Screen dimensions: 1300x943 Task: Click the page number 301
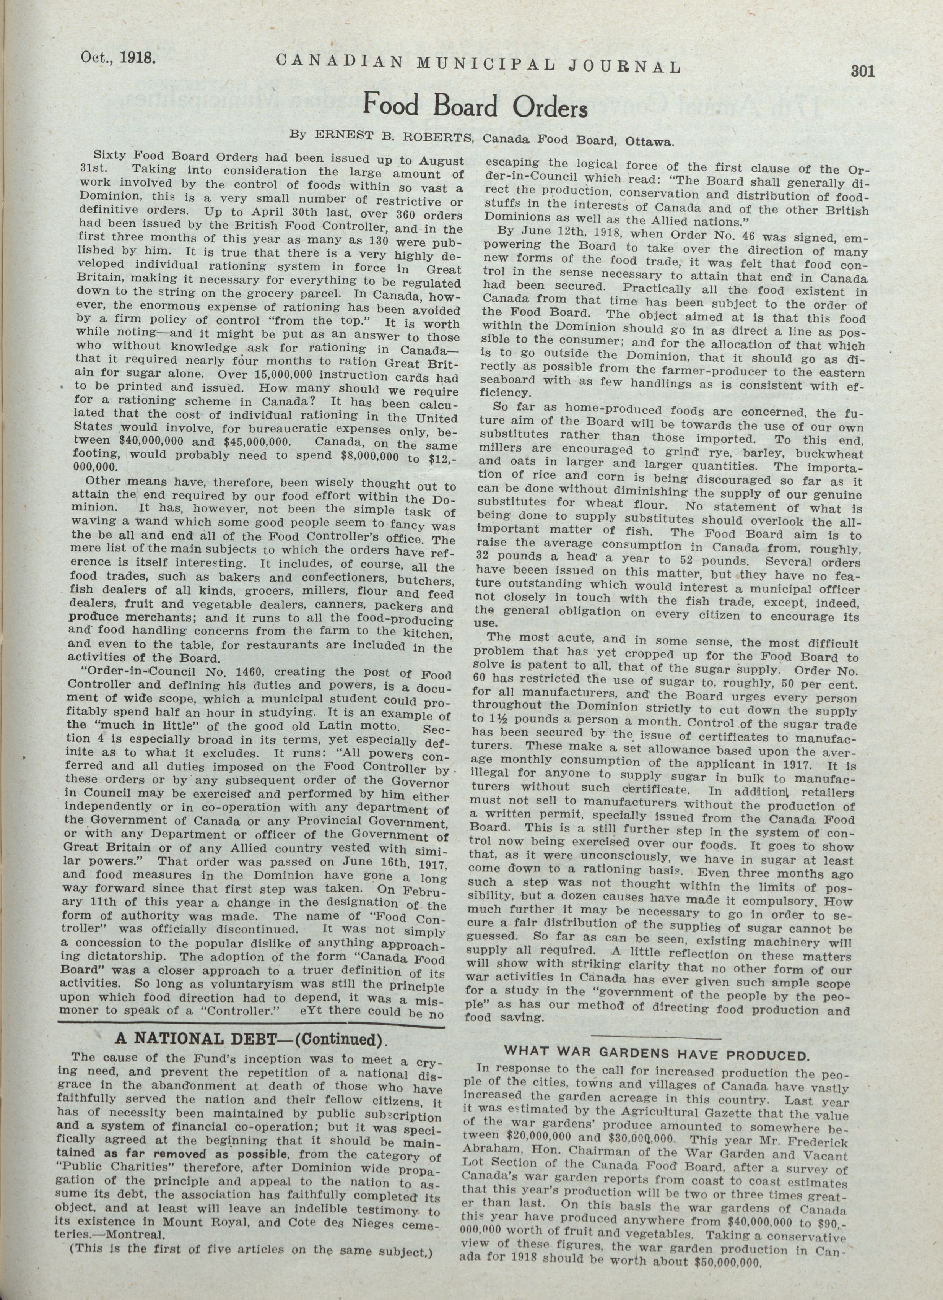click(862, 71)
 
